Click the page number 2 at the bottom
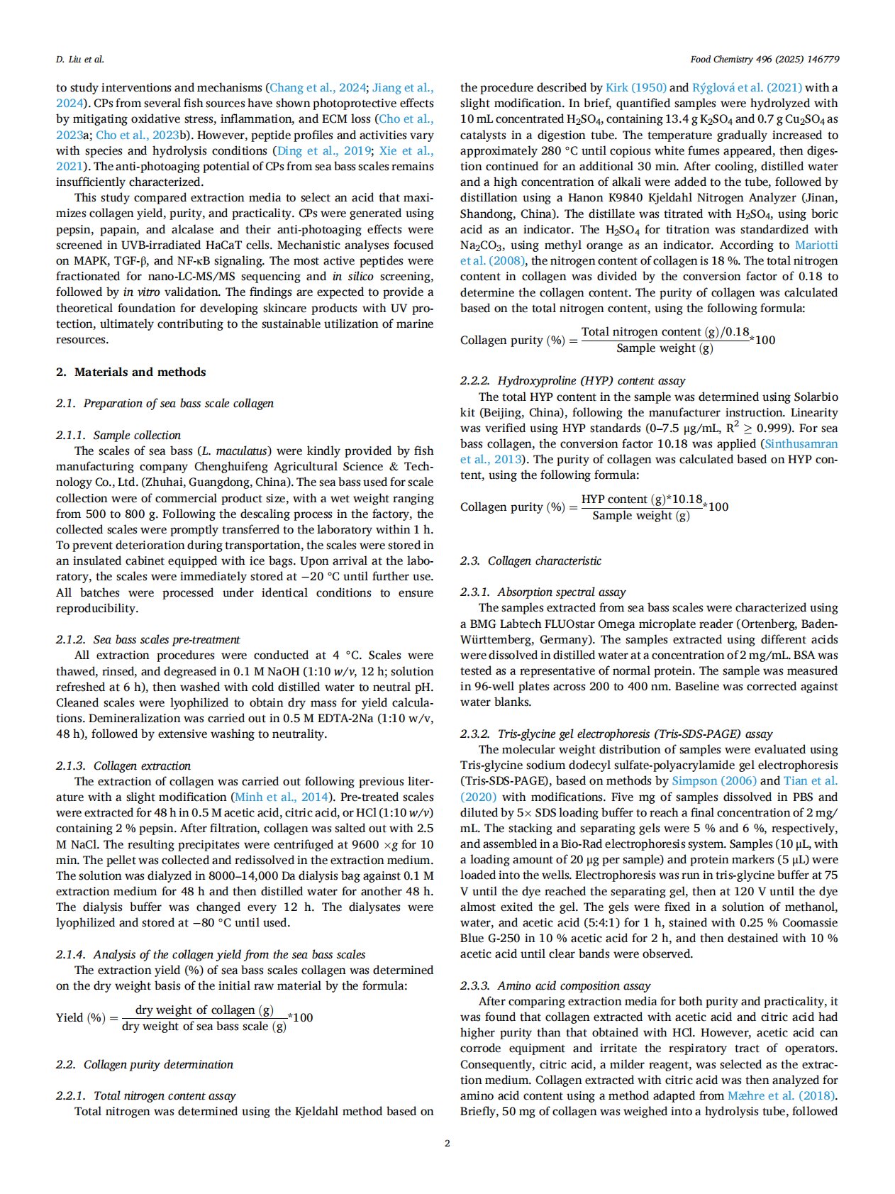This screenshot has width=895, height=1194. [447, 1143]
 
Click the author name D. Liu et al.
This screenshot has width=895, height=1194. [80, 60]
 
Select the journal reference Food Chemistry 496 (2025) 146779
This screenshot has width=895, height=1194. [765, 60]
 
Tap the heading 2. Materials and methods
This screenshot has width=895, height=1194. [131, 372]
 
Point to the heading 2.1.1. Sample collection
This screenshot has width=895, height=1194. [118, 435]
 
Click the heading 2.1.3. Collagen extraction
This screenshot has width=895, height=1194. [123, 765]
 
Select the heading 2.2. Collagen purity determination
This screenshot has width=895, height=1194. [145, 1064]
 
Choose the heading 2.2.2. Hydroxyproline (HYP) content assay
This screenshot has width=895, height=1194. [573, 380]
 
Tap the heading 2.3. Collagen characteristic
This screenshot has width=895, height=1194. [530, 560]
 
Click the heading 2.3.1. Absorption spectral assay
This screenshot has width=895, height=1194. [543, 592]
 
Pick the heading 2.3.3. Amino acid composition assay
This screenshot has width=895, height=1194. [555, 985]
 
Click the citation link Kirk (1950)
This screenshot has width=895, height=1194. [636, 87]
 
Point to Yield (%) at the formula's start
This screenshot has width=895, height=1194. [81, 1018]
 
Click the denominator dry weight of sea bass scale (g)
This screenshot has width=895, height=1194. [204, 1027]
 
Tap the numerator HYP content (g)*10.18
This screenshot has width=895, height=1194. [641, 499]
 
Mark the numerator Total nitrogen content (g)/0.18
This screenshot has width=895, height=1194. [665, 331]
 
